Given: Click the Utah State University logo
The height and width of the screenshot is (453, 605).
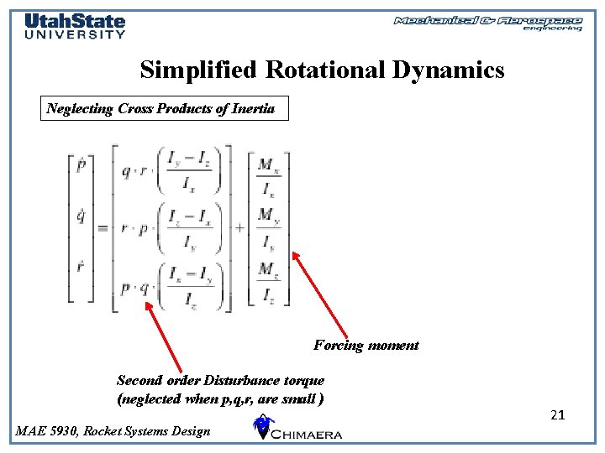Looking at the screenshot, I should pyautogui.click(x=74, y=25).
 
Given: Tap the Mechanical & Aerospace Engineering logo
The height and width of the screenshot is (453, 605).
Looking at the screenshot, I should pyautogui.click(x=487, y=23).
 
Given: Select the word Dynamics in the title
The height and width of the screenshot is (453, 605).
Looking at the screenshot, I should pyautogui.click(x=450, y=70).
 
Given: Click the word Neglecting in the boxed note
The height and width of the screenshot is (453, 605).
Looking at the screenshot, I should pyautogui.click(x=78, y=109).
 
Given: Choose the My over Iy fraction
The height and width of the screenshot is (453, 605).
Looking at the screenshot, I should pyautogui.click(x=268, y=229).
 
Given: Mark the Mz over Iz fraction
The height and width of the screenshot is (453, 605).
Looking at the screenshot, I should pyautogui.click(x=268, y=282).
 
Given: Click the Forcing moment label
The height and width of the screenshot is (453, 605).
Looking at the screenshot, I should pyautogui.click(x=366, y=346).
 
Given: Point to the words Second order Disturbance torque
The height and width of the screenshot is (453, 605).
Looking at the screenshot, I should pyautogui.click(x=220, y=381).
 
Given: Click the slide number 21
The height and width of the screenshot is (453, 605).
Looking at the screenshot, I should pyautogui.click(x=558, y=414).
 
